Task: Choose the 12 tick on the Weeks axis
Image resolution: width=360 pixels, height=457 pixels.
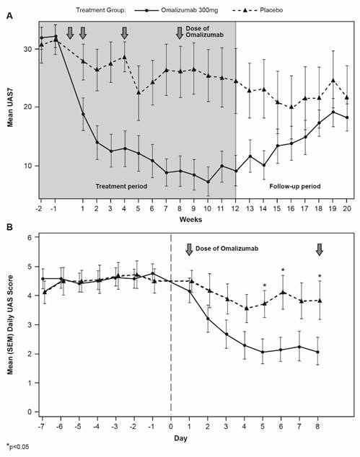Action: [237, 208]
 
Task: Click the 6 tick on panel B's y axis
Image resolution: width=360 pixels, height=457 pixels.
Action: [30, 238]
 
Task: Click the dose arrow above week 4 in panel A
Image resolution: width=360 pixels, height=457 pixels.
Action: [124, 33]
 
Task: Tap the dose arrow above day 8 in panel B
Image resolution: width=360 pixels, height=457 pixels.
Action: [319, 249]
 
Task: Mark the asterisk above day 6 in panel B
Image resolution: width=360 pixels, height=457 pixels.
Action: [283, 270]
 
